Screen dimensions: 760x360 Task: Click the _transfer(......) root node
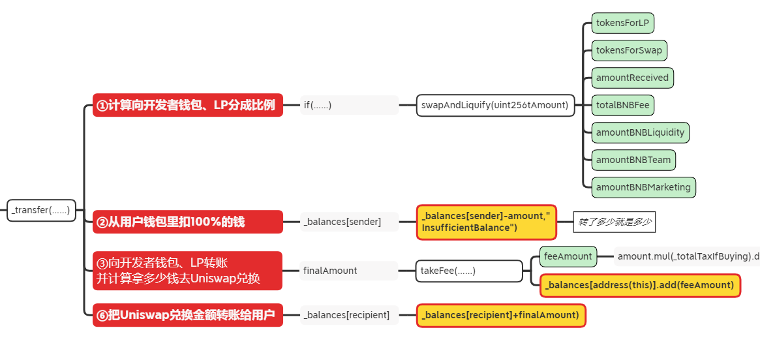coord(41,210)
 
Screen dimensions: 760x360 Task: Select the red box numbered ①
coord(188,104)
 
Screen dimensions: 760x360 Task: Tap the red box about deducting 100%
coord(188,222)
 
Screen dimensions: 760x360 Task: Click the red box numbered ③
coord(188,271)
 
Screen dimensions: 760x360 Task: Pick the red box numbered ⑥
coord(188,315)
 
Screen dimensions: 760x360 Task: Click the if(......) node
coord(349,105)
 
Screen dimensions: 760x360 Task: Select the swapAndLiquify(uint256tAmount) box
coord(495,105)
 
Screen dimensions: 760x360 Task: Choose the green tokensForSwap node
coord(629,50)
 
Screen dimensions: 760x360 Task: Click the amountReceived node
coord(633,78)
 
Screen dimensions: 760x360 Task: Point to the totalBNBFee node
coord(623,105)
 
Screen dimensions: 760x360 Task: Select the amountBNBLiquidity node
coord(640,132)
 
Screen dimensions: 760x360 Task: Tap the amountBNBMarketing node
coord(644,187)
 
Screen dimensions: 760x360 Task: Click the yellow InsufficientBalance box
coord(487,222)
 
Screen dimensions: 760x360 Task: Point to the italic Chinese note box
coord(615,222)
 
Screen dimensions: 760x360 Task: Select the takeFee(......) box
coord(469,271)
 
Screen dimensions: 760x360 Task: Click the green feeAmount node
coord(569,256)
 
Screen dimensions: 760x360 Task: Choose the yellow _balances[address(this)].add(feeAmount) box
coord(640,286)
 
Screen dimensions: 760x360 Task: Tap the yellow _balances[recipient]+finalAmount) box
coord(501,316)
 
